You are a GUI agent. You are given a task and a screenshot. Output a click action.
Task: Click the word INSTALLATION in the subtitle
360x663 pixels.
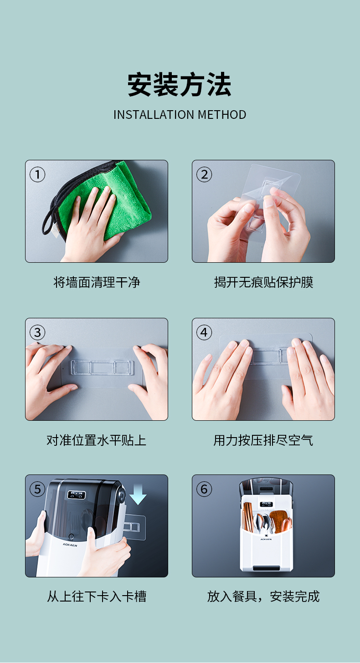point(154,115)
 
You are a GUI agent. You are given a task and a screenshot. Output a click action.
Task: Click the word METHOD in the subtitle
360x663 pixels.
point(222,115)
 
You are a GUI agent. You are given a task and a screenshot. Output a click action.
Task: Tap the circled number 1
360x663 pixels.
point(37,174)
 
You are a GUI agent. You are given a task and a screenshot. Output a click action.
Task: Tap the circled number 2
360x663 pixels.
point(204,174)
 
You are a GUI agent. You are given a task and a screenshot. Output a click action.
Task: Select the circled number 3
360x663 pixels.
point(37,332)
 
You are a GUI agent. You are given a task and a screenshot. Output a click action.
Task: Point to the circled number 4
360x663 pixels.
point(204,332)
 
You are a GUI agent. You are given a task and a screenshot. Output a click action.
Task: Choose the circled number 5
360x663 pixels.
point(37,489)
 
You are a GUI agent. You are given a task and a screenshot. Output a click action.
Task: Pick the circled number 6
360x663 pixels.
point(204,489)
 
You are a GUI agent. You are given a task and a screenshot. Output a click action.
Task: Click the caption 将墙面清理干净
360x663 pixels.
point(97,282)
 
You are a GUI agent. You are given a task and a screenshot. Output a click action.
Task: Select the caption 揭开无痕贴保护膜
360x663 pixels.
point(263,282)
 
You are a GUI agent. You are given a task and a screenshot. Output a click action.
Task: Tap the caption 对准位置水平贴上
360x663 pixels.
point(97,440)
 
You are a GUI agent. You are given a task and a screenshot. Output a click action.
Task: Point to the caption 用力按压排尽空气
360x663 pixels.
point(263,440)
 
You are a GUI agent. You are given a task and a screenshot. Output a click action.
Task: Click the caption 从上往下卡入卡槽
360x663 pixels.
point(97,597)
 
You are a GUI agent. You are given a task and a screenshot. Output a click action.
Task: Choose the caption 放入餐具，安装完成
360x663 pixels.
point(263,597)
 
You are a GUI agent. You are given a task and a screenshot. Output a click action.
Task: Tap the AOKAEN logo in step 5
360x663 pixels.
point(70,545)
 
